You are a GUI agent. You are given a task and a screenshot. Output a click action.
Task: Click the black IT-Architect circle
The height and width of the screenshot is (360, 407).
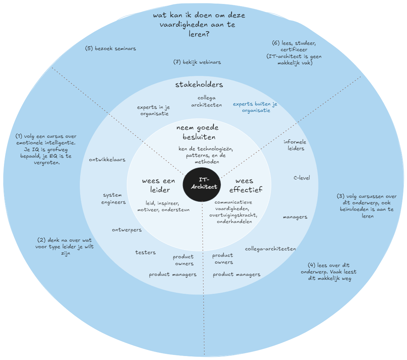click(x=202, y=184)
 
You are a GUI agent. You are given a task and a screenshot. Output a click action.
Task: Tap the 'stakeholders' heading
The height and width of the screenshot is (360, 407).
click(x=199, y=85)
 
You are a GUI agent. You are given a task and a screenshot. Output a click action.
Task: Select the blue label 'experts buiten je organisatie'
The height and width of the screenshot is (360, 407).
click(x=255, y=107)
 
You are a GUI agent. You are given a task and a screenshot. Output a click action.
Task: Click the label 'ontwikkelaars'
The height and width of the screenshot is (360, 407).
click(x=107, y=160)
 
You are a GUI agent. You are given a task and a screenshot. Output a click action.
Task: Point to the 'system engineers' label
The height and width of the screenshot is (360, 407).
click(x=114, y=199)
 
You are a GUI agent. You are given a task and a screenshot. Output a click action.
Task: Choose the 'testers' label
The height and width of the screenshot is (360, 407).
click(x=145, y=252)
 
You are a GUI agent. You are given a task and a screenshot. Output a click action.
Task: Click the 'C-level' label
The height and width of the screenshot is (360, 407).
click(x=302, y=178)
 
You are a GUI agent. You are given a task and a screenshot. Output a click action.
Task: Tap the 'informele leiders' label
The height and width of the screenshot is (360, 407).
click(x=295, y=145)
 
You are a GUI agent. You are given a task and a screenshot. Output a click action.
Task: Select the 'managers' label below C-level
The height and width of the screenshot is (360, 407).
click(x=295, y=217)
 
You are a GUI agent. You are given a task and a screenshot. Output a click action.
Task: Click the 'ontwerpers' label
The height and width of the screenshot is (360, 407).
click(x=127, y=230)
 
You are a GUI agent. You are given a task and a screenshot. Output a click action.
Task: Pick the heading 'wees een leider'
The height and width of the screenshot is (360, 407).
click(x=159, y=185)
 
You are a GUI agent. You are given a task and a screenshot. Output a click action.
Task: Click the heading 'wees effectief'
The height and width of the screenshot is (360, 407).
click(x=246, y=185)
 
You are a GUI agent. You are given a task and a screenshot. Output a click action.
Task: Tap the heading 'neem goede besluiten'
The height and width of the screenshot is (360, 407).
click(x=198, y=132)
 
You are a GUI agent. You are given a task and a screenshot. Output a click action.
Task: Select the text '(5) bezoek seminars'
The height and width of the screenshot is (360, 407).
click(x=111, y=48)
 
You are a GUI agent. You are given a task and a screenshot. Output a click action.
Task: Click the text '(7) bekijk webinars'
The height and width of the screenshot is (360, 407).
click(x=197, y=62)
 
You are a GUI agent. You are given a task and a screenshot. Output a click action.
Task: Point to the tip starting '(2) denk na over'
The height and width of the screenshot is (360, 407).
click(x=65, y=246)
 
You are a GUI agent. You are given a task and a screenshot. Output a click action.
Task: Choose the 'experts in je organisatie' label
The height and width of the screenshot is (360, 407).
click(x=154, y=110)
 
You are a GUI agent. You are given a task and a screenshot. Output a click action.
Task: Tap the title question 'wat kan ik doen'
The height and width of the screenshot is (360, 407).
click(x=199, y=24)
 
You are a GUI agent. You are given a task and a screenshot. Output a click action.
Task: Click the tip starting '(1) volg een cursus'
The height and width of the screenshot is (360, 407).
click(x=46, y=150)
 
